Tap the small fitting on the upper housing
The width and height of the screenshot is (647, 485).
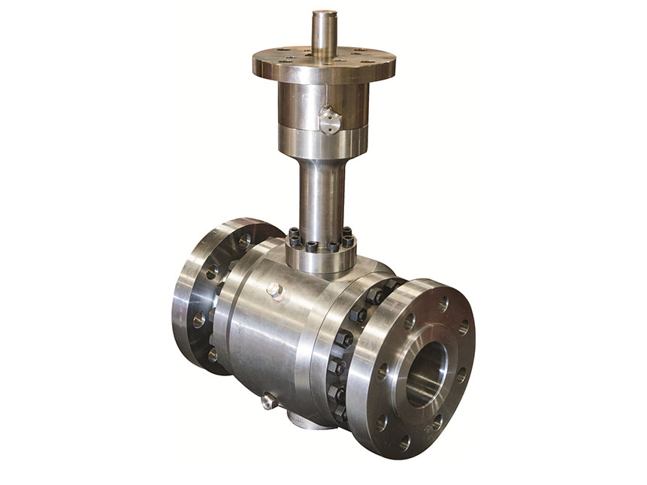click(x=327, y=119)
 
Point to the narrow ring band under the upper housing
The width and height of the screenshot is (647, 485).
click(x=324, y=138)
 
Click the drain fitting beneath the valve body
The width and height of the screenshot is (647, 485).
click(x=269, y=402)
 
